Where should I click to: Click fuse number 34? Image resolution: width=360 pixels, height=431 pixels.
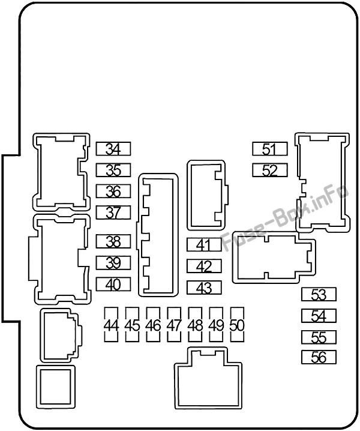113,149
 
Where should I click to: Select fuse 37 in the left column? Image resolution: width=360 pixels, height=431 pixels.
113,212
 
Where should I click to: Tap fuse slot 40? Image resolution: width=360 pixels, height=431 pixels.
113,284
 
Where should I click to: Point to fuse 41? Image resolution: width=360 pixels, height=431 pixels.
204,244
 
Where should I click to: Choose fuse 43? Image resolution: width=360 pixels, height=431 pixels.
204,288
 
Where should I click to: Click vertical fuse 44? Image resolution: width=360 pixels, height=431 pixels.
111,325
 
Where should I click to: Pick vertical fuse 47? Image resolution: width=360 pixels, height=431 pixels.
174,325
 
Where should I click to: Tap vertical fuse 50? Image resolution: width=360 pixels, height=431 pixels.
237,325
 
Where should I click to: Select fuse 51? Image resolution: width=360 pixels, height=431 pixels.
270,149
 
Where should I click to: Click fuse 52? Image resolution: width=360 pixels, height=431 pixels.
270,170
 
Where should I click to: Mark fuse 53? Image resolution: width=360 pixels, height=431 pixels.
319,294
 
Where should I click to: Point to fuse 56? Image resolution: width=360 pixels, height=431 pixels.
319,357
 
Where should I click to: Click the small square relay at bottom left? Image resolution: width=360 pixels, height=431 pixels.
56,387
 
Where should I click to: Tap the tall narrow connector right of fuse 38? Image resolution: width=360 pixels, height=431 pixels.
157,235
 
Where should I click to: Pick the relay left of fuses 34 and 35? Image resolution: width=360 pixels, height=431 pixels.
61,172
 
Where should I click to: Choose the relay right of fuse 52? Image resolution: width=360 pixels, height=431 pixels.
322,182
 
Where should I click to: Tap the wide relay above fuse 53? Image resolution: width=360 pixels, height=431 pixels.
274,258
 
